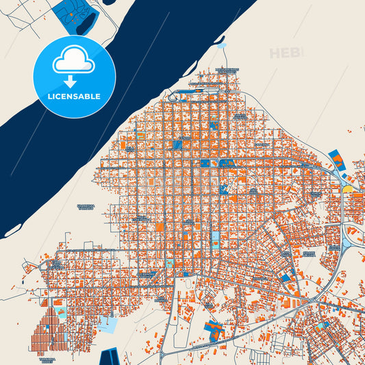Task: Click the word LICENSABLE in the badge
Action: click(73, 97)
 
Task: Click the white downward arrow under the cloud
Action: click(73, 80)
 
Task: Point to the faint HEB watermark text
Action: click(285, 53)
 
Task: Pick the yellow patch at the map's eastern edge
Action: click(347, 188)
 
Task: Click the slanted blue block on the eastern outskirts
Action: click(336, 161)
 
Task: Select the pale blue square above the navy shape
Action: click(107, 323)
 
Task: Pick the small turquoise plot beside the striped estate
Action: click(60, 312)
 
